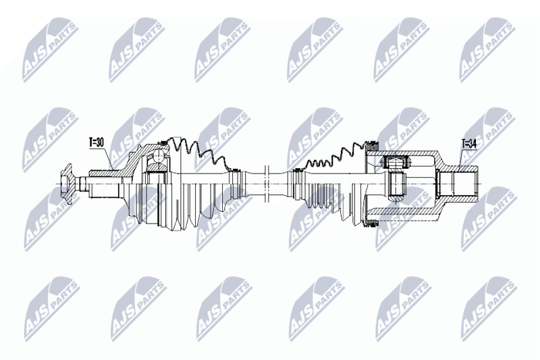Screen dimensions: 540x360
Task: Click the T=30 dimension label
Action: [x=97, y=143]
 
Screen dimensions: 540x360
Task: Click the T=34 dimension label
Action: [x=469, y=144]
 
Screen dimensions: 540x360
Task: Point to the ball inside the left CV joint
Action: [x=159, y=156]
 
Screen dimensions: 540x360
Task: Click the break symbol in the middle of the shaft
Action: [x=266, y=184]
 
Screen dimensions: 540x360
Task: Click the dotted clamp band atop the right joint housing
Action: [x=372, y=143]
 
